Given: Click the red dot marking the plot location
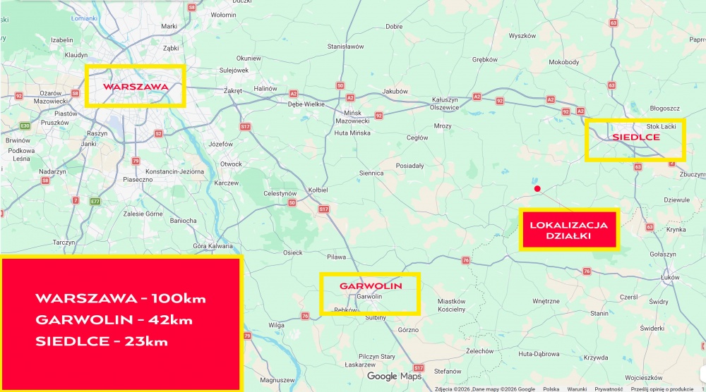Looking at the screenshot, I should (x=537, y=188).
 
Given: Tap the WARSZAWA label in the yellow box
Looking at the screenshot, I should (x=135, y=87).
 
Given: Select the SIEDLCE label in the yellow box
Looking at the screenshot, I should (x=635, y=136).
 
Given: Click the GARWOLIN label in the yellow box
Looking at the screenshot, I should (x=371, y=286).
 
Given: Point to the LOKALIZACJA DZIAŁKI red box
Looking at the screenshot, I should (x=568, y=230).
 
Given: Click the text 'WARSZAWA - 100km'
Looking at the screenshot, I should (x=121, y=298).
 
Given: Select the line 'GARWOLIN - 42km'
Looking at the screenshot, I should (x=114, y=319).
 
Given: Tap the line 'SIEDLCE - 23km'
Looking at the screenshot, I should (x=102, y=341).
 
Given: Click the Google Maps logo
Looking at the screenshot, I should (x=394, y=376).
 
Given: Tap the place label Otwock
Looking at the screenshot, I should (x=232, y=164).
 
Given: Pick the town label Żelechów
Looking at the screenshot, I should (x=479, y=350).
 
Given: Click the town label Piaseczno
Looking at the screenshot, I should (x=138, y=179).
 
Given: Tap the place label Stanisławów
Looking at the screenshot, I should (x=345, y=47).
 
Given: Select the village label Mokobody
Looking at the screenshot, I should (x=563, y=62).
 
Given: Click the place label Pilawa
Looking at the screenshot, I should (x=336, y=257).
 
